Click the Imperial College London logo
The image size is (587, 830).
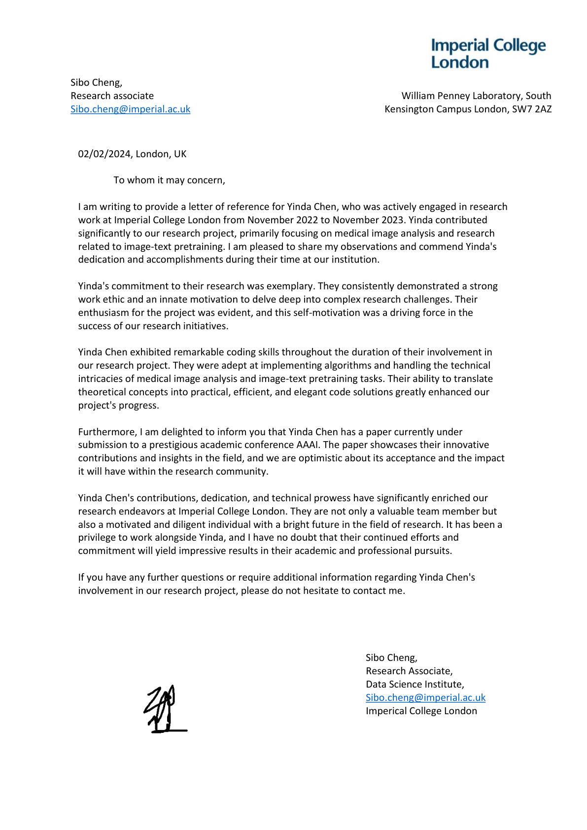(x=488, y=53)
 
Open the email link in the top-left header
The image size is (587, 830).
(x=130, y=109)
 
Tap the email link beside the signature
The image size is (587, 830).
(x=425, y=697)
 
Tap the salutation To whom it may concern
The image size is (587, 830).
(x=169, y=180)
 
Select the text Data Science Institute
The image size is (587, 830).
(x=414, y=684)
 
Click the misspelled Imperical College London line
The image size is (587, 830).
(x=421, y=711)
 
